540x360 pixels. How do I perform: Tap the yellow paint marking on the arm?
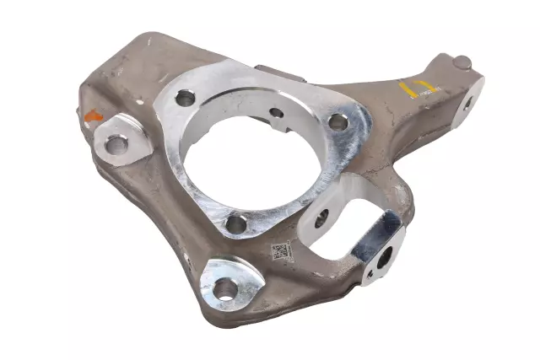tap(418, 87)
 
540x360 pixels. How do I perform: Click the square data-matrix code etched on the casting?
tap(281, 250)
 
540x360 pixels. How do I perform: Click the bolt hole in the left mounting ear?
tap(116, 144)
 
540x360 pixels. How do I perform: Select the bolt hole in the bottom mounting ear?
tap(225, 289)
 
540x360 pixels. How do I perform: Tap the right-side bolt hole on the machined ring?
tap(337, 121)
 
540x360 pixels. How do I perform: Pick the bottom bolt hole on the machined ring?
tap(236, 224)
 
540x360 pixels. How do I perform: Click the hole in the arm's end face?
tap(467, 105)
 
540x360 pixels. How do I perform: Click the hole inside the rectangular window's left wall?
tap(321, 221)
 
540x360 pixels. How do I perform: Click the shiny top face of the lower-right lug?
tap(376, 232)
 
